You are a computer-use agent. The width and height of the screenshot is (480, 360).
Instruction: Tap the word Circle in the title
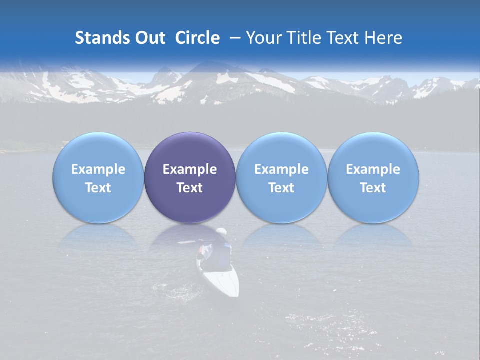[x=197, y=38]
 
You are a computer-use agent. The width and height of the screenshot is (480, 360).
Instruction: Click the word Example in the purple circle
[x=190, y=169]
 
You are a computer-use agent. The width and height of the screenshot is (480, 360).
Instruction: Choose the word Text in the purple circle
[x=190, y=188]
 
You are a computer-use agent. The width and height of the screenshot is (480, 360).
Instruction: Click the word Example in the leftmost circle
[x=98, y=169]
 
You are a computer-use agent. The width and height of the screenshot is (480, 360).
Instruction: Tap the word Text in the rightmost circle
[x=373, y=188]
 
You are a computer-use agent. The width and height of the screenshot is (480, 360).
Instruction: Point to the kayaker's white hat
[x=221, y=232]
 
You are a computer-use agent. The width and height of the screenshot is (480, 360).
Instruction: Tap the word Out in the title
[x=150, y=38]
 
